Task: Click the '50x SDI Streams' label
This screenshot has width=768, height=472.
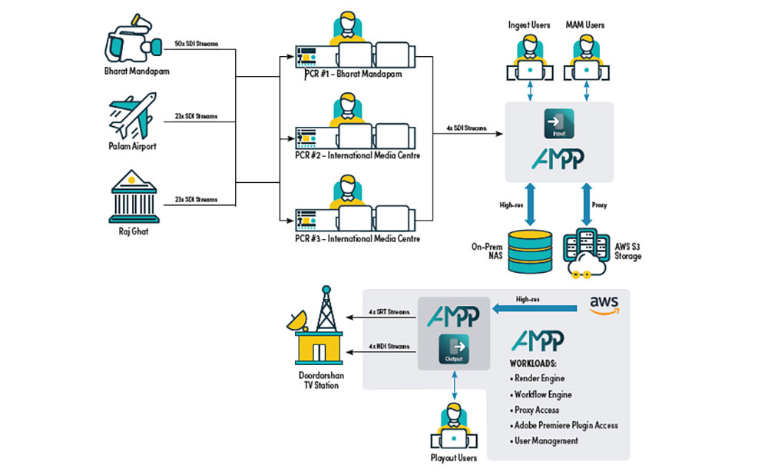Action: point(197,44)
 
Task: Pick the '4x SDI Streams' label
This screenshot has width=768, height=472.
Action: point(465,128)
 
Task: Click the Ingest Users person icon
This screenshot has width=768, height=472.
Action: point(529,58)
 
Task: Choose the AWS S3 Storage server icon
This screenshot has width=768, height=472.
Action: point(588,251)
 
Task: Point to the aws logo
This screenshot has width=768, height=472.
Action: point(604,304)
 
